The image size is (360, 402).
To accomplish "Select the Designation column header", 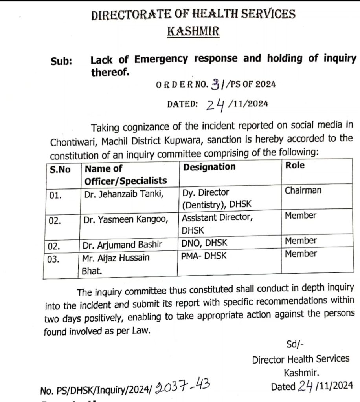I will coord(209,167).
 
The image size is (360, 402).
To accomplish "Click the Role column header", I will coord(295,165).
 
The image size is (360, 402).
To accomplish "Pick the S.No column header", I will coord(60,170).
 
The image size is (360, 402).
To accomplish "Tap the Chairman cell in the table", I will coord(303,190).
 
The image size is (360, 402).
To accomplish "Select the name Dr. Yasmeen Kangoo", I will coord(126,220).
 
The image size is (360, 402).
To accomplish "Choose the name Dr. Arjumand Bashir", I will coord(122,245).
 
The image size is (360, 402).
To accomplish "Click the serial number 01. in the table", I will coord(56,196).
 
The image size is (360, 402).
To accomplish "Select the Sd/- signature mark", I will coord(295,344).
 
